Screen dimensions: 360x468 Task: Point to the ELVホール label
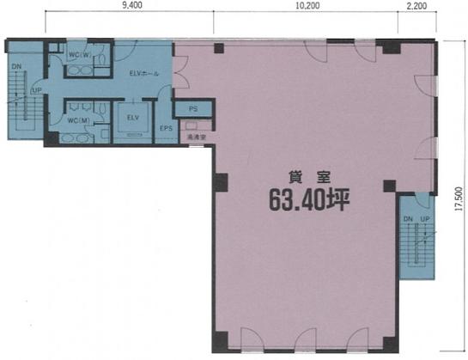[x=143, y=73]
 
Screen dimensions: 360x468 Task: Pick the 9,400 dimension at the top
[x=132, y=7]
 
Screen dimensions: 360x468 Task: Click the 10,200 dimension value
[x=307, y=7]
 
